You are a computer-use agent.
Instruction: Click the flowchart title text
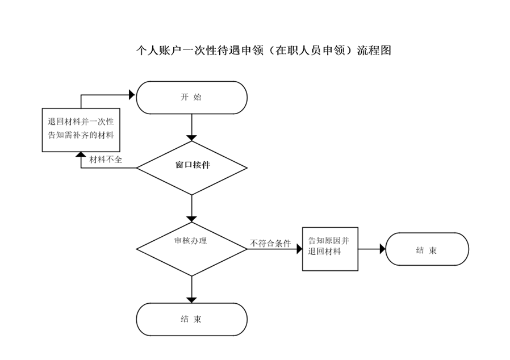click(264, 51)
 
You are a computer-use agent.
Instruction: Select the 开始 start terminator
click(191, 98)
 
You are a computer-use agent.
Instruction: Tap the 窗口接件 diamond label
click(193, 165)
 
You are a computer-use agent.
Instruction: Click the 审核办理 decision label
click(191, 241)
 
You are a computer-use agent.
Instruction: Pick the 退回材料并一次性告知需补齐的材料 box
click(81, 130)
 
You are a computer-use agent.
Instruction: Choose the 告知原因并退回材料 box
click(330, 249)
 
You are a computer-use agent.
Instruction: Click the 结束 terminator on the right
click(427, 249)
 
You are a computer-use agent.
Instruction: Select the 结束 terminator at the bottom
click(191, 319)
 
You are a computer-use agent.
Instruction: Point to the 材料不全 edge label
click(106, 160)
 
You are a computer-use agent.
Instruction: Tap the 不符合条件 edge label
click(270, 243)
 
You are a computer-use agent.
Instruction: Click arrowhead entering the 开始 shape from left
click(132, 95)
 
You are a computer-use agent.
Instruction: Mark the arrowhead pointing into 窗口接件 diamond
click(191, 138)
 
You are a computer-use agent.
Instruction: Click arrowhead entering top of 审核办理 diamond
click(191, 219)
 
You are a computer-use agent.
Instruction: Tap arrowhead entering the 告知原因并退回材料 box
click(299, 249)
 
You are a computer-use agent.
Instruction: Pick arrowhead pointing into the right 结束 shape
click(383, 249)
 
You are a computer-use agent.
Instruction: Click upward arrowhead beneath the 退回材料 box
click(81, 154)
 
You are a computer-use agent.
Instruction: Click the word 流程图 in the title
click(374, 51)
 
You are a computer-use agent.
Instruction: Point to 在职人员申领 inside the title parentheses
click(310, 51)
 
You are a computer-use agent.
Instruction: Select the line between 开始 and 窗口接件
click(191, 125)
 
